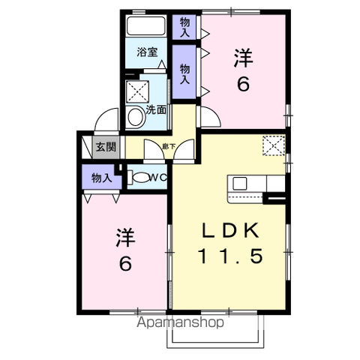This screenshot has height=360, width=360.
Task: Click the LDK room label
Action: pos(229,228)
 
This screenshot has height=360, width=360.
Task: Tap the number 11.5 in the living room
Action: pos(229,256)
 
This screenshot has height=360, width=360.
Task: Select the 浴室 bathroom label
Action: pos(146,52)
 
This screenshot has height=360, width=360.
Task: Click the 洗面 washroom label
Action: pos(156,109)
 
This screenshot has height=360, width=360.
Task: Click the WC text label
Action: pos(156,178)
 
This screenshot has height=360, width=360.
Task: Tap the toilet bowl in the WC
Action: pos(138,178)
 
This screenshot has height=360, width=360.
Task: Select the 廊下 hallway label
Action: pos(169,147)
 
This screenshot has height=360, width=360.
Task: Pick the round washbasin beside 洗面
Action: pos(136,116)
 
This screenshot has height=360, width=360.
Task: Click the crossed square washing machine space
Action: pos(139,92)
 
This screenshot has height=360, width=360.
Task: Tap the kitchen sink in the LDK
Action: pos(241,183)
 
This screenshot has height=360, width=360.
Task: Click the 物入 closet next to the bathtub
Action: pos(184,28)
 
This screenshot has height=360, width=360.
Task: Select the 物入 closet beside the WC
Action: pos(101,178)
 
